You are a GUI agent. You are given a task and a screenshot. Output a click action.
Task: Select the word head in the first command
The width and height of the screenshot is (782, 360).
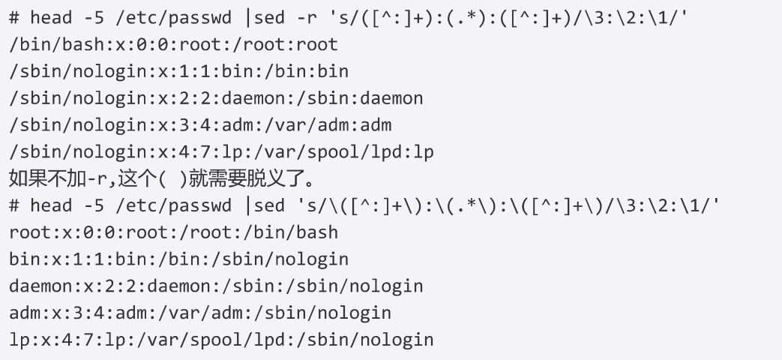tap(52, 17)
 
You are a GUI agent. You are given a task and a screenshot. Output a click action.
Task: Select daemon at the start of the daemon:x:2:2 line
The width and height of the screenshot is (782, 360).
tap(36, 286)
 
